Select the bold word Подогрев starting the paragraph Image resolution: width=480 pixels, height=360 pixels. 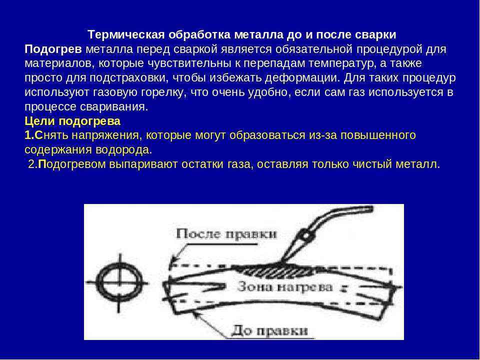(53, 49)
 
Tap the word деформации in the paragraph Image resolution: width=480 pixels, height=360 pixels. (302, 78)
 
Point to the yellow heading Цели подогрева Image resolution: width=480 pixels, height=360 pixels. (72, 121)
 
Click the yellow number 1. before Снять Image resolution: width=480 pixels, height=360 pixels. (29, 135)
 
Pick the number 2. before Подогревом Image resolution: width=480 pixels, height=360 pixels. (33, 164)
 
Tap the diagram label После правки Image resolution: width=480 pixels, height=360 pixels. (226, 234)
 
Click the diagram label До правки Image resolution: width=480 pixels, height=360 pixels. (269, 331)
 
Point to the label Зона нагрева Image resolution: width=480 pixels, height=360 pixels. (285, 287)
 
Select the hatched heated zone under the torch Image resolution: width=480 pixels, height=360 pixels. (275, 270)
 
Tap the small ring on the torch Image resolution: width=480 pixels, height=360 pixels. (305, 236)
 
